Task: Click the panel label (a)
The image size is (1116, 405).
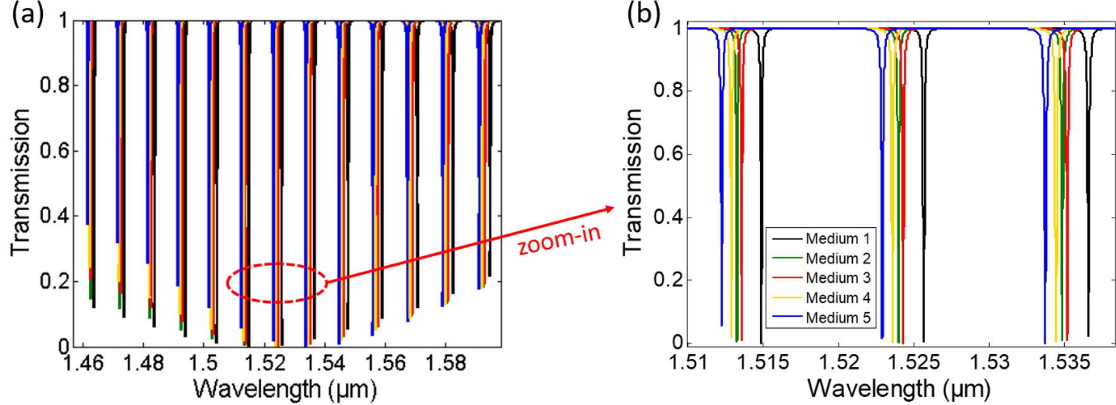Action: click(28, 14)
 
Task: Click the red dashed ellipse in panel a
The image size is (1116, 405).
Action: click(276, 283)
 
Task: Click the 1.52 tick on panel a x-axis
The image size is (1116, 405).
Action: click(266, 363)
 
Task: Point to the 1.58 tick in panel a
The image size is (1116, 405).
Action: click(446, 363)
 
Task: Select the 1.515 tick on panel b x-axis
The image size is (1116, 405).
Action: click(763, 362)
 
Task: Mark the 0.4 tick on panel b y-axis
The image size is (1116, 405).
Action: click(668, 217)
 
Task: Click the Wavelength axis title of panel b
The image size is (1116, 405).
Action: click(898, 389)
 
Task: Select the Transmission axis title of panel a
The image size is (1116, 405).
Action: click(20, 183)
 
